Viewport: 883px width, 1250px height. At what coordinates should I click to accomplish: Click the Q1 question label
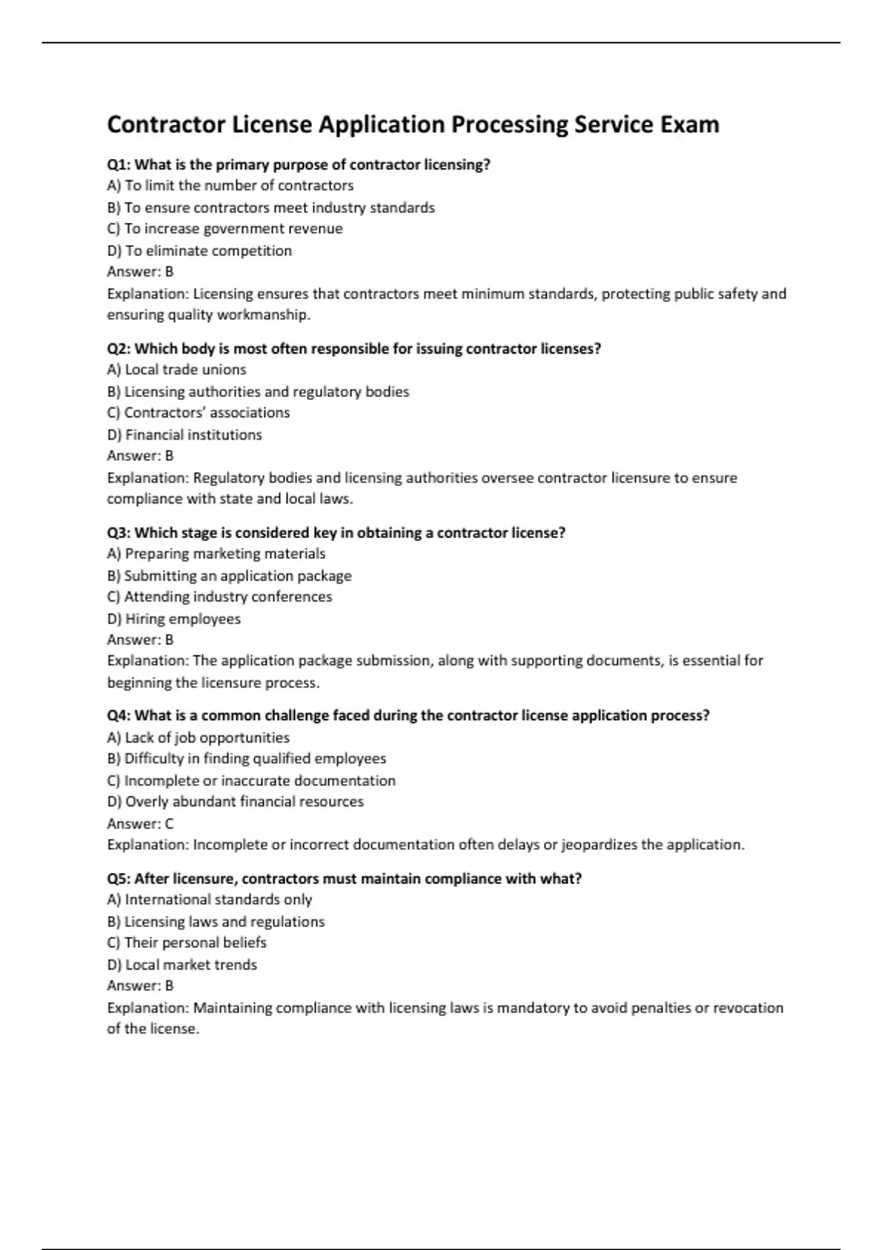pos(118,165)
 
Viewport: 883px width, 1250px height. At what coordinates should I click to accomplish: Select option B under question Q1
pos(271,207)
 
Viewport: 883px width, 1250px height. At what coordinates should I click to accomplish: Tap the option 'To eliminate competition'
pos(199,251)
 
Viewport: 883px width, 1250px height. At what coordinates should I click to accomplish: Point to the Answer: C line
pos(140,824)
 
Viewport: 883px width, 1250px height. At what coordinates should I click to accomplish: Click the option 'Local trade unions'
pos(177,369)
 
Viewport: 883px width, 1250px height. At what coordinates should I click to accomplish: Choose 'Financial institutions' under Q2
pos(185,435)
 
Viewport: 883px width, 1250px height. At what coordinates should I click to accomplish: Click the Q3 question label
pos(118,532)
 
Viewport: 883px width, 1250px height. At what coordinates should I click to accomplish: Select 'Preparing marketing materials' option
pos(216,553)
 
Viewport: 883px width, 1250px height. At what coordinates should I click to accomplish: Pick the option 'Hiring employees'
pos(174,618)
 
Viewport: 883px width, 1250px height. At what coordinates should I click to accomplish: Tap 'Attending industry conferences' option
pos(219,596)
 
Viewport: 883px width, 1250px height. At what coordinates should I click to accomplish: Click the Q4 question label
pos(118,715)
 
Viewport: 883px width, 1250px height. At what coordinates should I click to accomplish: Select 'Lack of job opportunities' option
pos(198,737)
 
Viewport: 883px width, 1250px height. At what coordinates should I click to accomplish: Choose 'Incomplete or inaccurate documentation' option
pos(251,780)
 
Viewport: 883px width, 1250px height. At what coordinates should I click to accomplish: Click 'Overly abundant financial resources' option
pos(235,801)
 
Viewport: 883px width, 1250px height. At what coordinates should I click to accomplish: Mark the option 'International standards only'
pos(210,899)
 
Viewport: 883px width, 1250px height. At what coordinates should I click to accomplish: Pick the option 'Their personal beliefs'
pos(187,942)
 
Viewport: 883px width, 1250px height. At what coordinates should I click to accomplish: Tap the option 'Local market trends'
pos(182,965)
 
